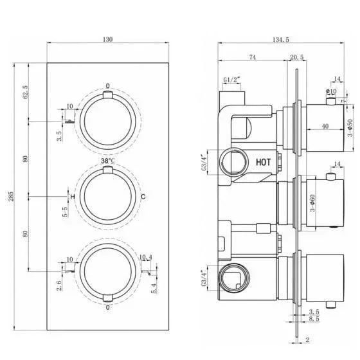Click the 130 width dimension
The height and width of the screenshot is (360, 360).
tap(108, 39)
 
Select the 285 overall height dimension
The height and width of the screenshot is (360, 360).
tap(11, 196)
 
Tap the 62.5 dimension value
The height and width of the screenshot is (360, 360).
tap(26, 92)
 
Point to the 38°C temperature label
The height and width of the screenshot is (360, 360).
tap(108, 161)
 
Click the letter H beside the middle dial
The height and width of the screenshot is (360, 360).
tap(73, 197)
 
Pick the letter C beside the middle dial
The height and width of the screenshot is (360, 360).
tap(143, 197)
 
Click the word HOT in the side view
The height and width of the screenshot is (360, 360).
tap(263, 162)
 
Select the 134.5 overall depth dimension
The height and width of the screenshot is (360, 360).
tap(280, 39)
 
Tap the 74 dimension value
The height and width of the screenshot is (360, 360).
tap(252, 57)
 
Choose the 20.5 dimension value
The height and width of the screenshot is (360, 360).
tap(296, 57)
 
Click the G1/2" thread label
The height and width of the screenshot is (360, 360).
tap(231, 80)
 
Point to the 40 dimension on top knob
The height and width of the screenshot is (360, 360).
tap(325, 126)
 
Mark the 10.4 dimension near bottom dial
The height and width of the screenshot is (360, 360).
tap(146, 257)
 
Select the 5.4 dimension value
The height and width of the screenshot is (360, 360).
tap(154, 289)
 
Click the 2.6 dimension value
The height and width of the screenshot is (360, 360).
tap(59, 285)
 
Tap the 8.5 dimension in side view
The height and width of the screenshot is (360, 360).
tap(314, 319)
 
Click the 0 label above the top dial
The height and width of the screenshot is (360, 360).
tap(108, 86)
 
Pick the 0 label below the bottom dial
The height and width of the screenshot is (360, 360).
tap(108, 307)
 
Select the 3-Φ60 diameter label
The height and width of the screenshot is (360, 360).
tap(312, 203)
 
